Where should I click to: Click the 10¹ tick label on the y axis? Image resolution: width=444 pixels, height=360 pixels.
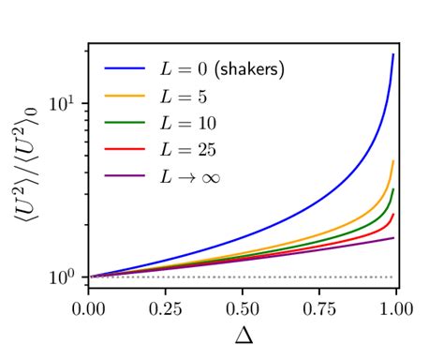coord(67,102)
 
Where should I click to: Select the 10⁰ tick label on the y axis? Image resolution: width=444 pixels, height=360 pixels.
coord(67,277)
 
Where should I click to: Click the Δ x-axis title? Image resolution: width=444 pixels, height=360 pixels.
coord(244,336)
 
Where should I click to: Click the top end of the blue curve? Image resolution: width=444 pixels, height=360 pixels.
coord(393,54)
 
